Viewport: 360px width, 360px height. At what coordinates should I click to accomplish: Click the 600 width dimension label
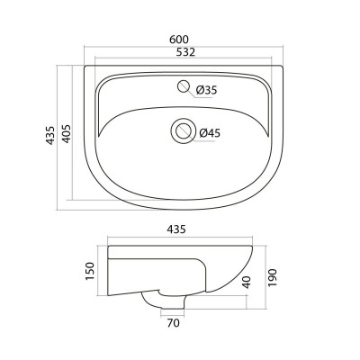coord(179,40)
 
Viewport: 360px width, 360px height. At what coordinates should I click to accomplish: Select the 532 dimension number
coord(185,52)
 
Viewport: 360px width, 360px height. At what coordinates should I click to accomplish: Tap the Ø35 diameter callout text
coord(206,90)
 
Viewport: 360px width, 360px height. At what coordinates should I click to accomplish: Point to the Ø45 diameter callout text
coord(210,133)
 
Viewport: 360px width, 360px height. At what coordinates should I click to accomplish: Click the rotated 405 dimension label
coord(66,133)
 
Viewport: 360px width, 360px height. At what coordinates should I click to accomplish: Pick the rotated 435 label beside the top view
coord(50,135)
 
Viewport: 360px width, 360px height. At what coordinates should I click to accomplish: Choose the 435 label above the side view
coord(176,229)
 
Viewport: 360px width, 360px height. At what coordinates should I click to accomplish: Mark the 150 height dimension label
coord(90,271)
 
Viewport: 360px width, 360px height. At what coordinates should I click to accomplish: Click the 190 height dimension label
coord(272,277)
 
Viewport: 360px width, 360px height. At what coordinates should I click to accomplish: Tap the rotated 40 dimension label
coord(247,282)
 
